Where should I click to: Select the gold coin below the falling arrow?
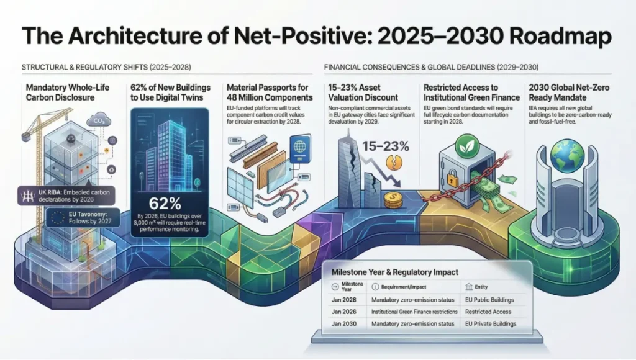[393, 200]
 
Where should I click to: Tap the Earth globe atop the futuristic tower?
[566, 155]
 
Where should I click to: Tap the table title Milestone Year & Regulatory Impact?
[394, 271]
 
